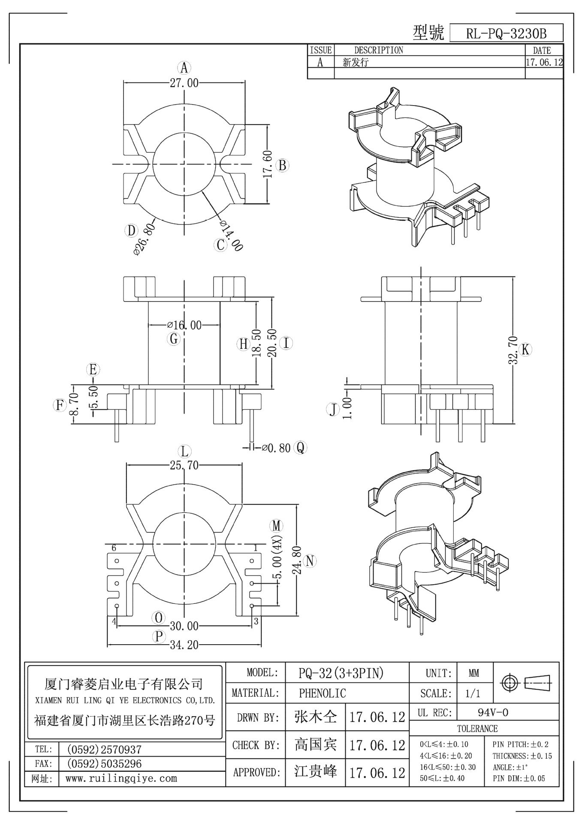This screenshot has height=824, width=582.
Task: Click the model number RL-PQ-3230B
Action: coord(506,33)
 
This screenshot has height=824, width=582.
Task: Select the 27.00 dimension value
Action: coord(184,83)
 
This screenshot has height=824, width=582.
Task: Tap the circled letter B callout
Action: coord(282,165)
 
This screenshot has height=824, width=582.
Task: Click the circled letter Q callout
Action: coord(300,448)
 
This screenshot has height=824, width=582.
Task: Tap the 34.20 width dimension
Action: coord(184,645)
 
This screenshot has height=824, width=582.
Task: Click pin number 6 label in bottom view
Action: coord(114,548)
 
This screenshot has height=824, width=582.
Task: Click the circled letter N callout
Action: coord(310,561)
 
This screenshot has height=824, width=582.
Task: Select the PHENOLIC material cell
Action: coord(322,693)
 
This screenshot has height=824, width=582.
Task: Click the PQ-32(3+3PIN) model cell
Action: coord(341,673)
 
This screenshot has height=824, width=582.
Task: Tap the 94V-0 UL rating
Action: coord(493,713)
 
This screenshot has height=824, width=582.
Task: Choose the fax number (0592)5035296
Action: coord(104,764)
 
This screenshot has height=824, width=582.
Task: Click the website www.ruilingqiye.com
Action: coord(121,779)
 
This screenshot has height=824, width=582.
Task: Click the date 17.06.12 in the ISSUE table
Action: coord(544,62)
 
